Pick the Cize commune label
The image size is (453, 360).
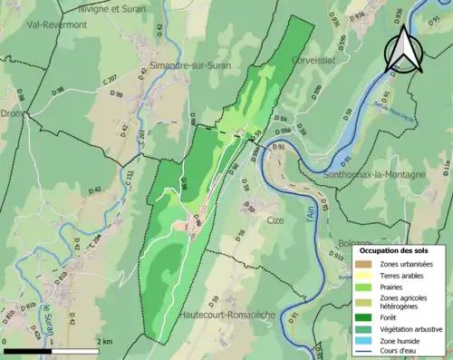(x=275, y=220)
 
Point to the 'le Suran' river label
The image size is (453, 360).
(x=48, y=317)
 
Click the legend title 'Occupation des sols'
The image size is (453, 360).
(x=396, y=248)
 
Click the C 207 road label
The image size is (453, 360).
(x=110, y=81)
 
